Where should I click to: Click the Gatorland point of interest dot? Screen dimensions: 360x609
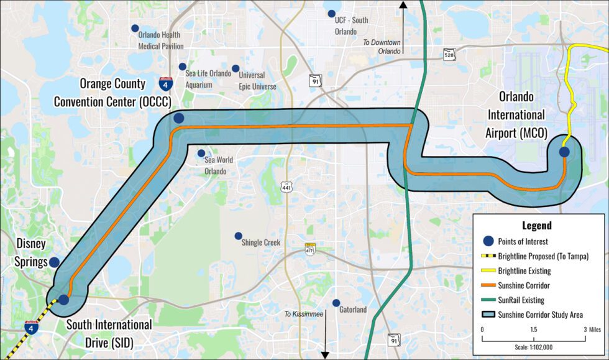click(336, 303)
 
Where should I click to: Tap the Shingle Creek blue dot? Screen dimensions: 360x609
click(238, 236)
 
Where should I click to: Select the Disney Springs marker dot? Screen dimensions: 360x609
click(55, 262)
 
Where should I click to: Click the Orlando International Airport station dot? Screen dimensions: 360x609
click(564, 151)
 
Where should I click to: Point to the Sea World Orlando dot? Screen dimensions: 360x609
click(201, 153)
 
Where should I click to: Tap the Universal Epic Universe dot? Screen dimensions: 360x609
click(235, 68)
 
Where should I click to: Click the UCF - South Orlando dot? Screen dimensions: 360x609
click(331, 13)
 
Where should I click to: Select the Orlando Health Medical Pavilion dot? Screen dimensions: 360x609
click(135, 28)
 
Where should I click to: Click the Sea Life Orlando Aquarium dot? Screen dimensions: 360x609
click(182, 67)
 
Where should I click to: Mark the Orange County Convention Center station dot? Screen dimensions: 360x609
click(179, 118)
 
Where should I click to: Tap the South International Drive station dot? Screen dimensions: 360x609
click(63, 299)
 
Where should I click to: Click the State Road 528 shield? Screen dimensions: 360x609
click(449, 55)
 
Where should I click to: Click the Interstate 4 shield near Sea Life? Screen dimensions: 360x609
click(165, 85)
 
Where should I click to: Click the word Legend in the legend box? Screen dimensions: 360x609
click(538, 226)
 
